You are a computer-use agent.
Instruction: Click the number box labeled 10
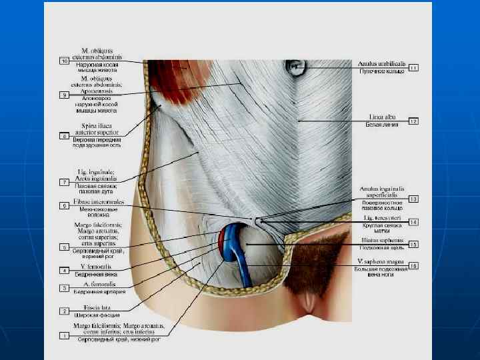pyautogui.click(x=65, y=61)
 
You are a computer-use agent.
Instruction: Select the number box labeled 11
pyautogui.click(x=413, y=67)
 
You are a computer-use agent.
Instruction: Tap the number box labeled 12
pyautogui.click(x=413, y=121)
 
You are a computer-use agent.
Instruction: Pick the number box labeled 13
pyautogui.click(x=413, y=199)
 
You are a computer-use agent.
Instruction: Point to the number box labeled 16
pyautogui.click(x=413, y=266)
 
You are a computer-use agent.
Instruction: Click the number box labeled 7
pyautogui.click(x=65, y=182)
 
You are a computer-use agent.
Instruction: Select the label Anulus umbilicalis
pyautogui.click(x=379, y=63)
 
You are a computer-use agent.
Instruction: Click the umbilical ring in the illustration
pyautogui.click(x=298, y=67)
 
